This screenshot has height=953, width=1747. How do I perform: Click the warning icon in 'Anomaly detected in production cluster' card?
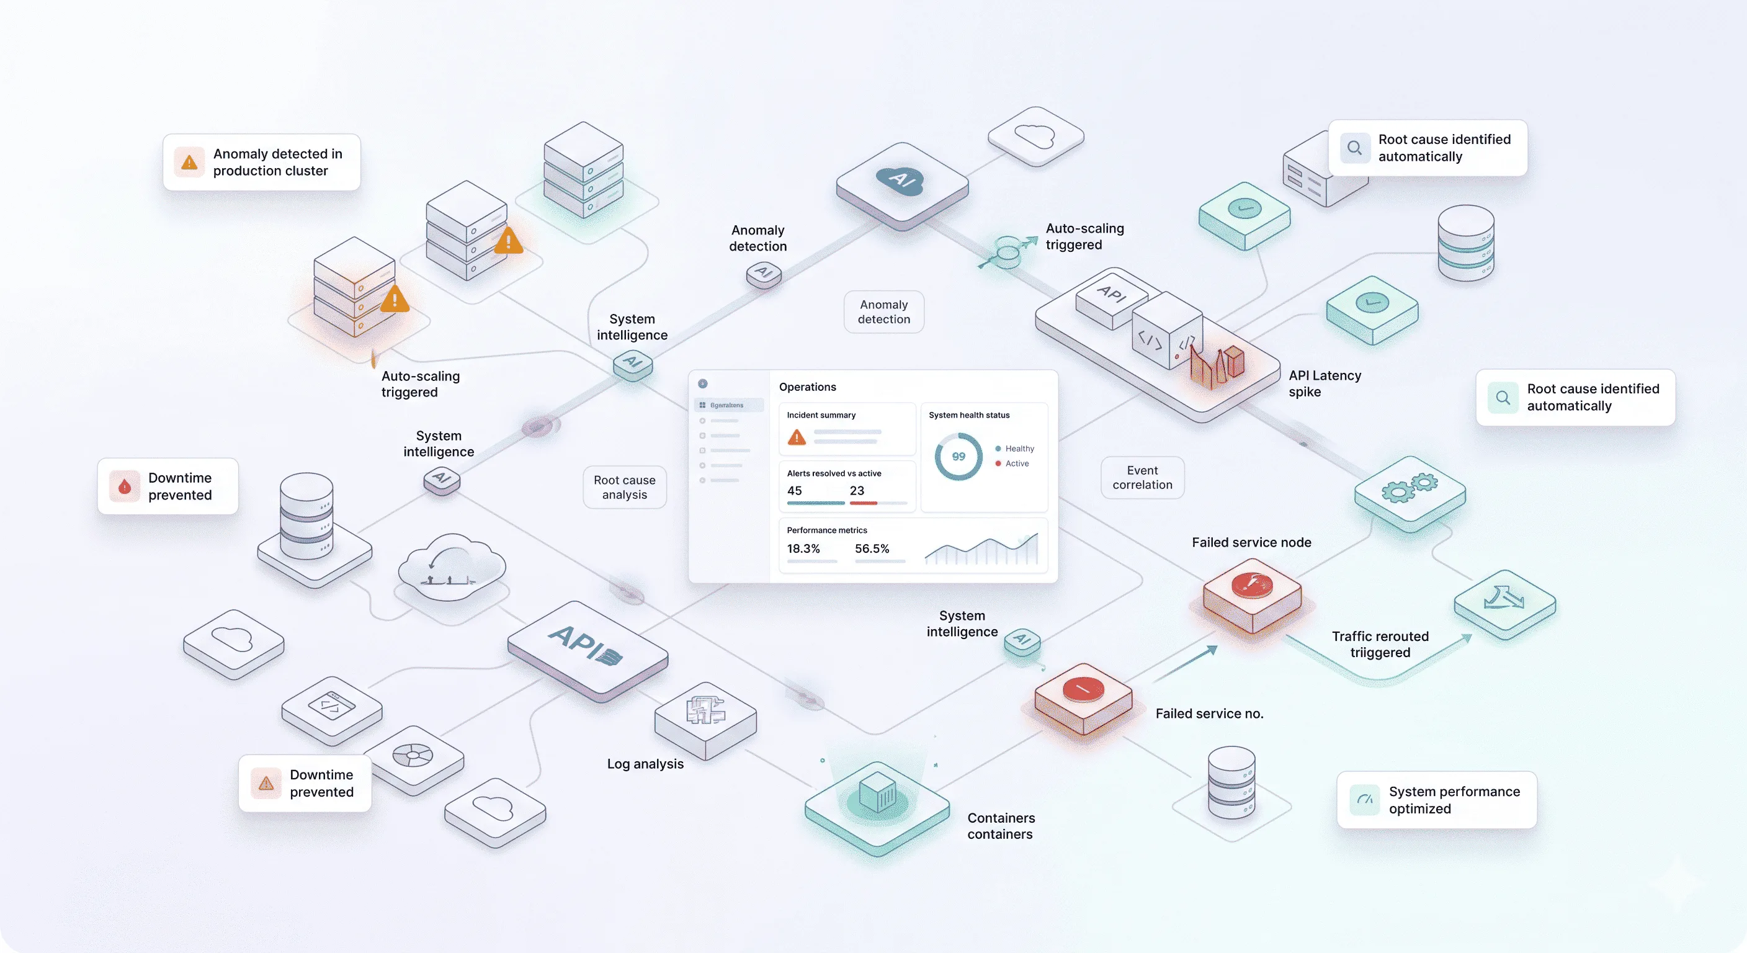(189, 162)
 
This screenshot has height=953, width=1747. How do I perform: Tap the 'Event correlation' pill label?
(1142, 478)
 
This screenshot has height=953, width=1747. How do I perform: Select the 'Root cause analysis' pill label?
(625, 487)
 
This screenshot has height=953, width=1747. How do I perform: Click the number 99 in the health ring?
(958, 457)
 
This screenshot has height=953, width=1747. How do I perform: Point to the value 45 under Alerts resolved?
(794, 490)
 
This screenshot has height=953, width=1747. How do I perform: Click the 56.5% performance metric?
(872, 548)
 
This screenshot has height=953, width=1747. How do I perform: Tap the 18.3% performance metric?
(803, 548)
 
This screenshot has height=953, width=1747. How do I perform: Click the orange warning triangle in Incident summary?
(797, 437)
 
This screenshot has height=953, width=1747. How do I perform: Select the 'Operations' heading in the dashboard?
(807, 387)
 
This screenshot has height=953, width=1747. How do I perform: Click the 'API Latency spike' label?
(1324, 383)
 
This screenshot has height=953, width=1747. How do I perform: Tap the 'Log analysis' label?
(645, 764)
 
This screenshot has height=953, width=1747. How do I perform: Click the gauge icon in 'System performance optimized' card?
(1364, 800)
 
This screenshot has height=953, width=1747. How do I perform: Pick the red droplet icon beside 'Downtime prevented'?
(125, 486)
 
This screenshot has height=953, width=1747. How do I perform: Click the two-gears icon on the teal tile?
(1410, 488)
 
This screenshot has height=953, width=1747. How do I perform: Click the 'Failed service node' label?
(1251, 542)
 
